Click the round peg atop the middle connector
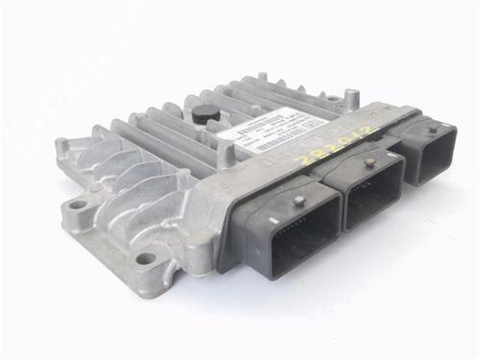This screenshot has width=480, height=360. pos(369,163)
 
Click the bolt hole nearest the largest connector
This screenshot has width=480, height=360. pos(145,258)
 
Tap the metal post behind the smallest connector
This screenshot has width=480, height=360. pos(351,98)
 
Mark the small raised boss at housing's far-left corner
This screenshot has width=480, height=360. pos(62,145)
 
